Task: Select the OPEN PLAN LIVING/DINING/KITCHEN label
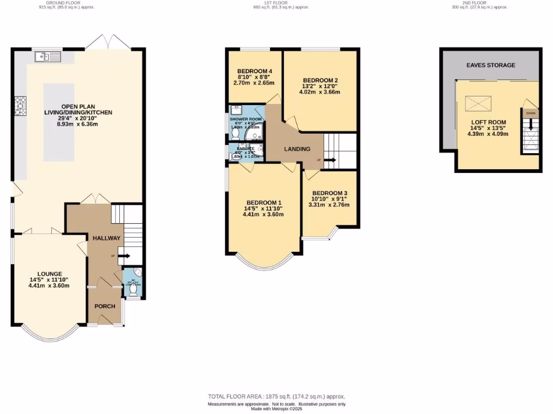coord(78,112)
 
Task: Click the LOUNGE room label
coord(49,274)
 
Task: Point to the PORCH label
coord(105,306)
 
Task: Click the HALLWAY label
coord(106,238)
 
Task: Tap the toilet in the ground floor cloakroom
coord(133,289)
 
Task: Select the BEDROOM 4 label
coord(254,71)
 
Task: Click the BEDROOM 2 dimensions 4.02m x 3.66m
coord(320,92)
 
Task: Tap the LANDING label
coord(297,149)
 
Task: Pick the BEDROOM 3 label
coord(329,193)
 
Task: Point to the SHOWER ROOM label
coord(246,119)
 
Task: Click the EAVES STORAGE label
coord(490,65)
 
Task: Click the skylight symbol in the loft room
coord(478,101)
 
